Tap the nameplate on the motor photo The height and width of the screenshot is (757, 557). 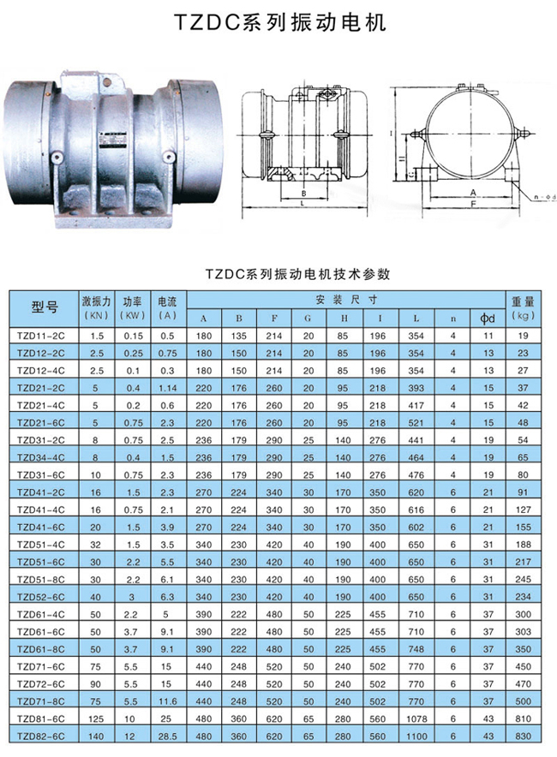tap(111, 142)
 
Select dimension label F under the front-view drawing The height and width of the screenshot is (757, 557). tap(473, 206)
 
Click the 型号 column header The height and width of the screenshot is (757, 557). tap(44, 307)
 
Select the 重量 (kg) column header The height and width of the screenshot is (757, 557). tap(523, 307)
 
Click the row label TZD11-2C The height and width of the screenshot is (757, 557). tap(42, 337)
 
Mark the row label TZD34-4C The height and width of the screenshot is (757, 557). tap(42, 457)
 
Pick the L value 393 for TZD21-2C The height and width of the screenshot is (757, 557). tap(416, 387)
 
